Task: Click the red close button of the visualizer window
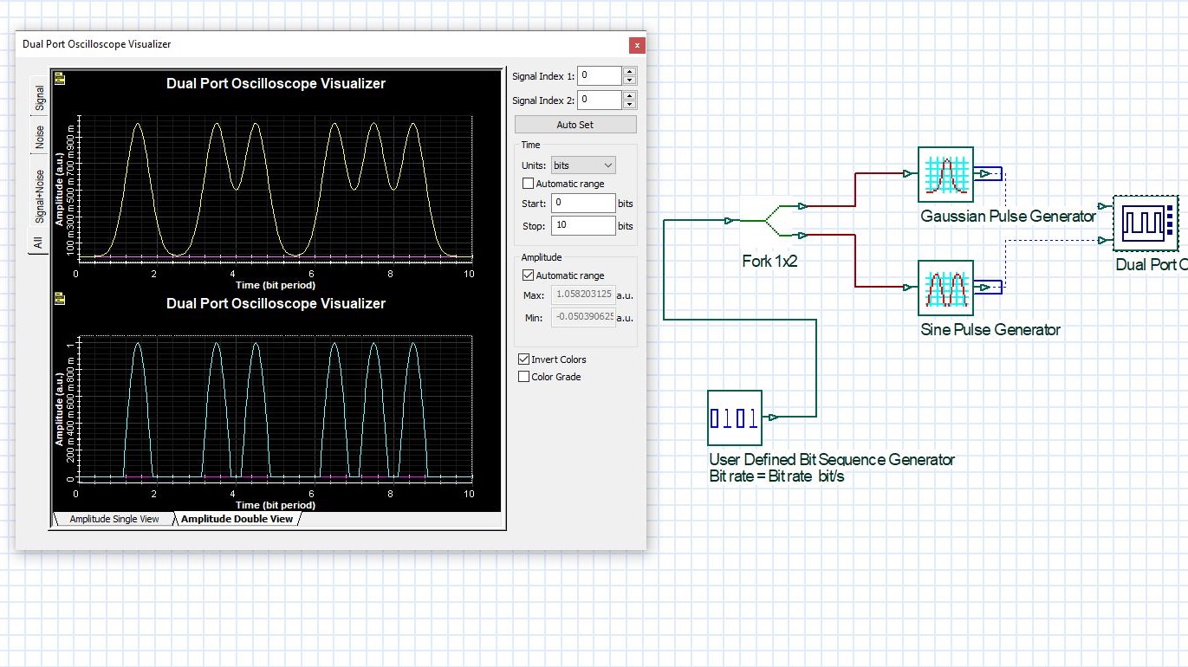pyautogui.click(x=637, y=45)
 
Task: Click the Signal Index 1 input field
pyautogui.click(x=599, y=76)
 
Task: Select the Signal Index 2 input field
pyautogui.click(x=599, y=100)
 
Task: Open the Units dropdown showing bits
pyautogui.click(x=583, y=165)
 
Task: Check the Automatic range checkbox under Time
pyautogui.click(x=528, y=184)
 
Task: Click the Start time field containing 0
pyautogui.click(x=582, y=204)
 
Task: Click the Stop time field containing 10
pyautogui.click(x=582, y=226)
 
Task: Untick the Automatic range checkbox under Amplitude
pyautogui.click(x=528, y=275)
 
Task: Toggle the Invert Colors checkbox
pyautogui.click(x=523, y=359)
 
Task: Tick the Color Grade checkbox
pyautogui.click(x=523, y=377)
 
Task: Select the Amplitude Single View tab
pyautogui.click(x=114, y=519)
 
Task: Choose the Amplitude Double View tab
pyautogui.click(x=236, y=519)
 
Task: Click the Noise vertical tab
pyautogui.click(x=39, y=138)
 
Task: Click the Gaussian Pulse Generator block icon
pyautogui.click(x=945, y=175)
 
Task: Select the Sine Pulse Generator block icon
pyautogui.click(x=945, y=288)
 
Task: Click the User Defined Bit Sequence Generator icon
pyautogui.click(x=735, y=418)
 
